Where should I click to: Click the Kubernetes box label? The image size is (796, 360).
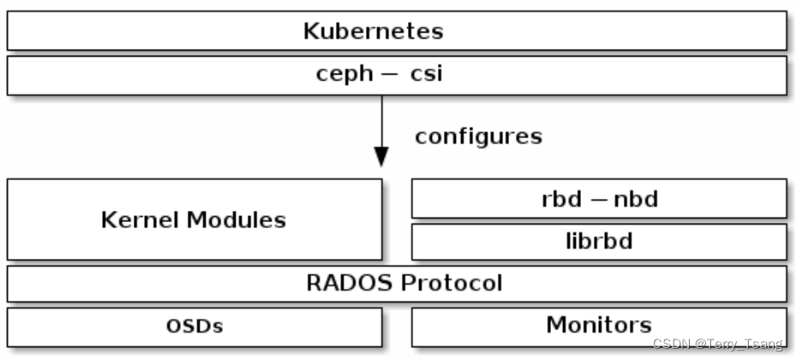(373, 31)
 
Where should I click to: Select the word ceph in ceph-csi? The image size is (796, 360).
(344, 74)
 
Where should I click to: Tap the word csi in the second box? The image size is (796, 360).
(427, 73)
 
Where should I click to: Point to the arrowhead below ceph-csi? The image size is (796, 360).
(381, 156)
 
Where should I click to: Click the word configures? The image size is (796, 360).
(478, 136)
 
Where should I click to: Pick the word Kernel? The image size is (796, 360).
(141, 220)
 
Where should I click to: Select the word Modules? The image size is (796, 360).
(236, 220)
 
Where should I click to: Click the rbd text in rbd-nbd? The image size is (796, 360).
(561, 199)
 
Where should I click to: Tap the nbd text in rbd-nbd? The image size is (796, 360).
(636, 199)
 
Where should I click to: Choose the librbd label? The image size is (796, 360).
(599, 241)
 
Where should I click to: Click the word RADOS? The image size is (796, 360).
(350, 283)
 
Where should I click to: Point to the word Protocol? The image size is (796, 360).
(451, 283)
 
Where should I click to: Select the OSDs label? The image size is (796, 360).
(195, 326)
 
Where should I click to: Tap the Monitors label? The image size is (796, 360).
(599, 325)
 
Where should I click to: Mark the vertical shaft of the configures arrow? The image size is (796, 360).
(381, 122)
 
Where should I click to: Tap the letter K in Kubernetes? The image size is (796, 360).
(312, 31)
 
